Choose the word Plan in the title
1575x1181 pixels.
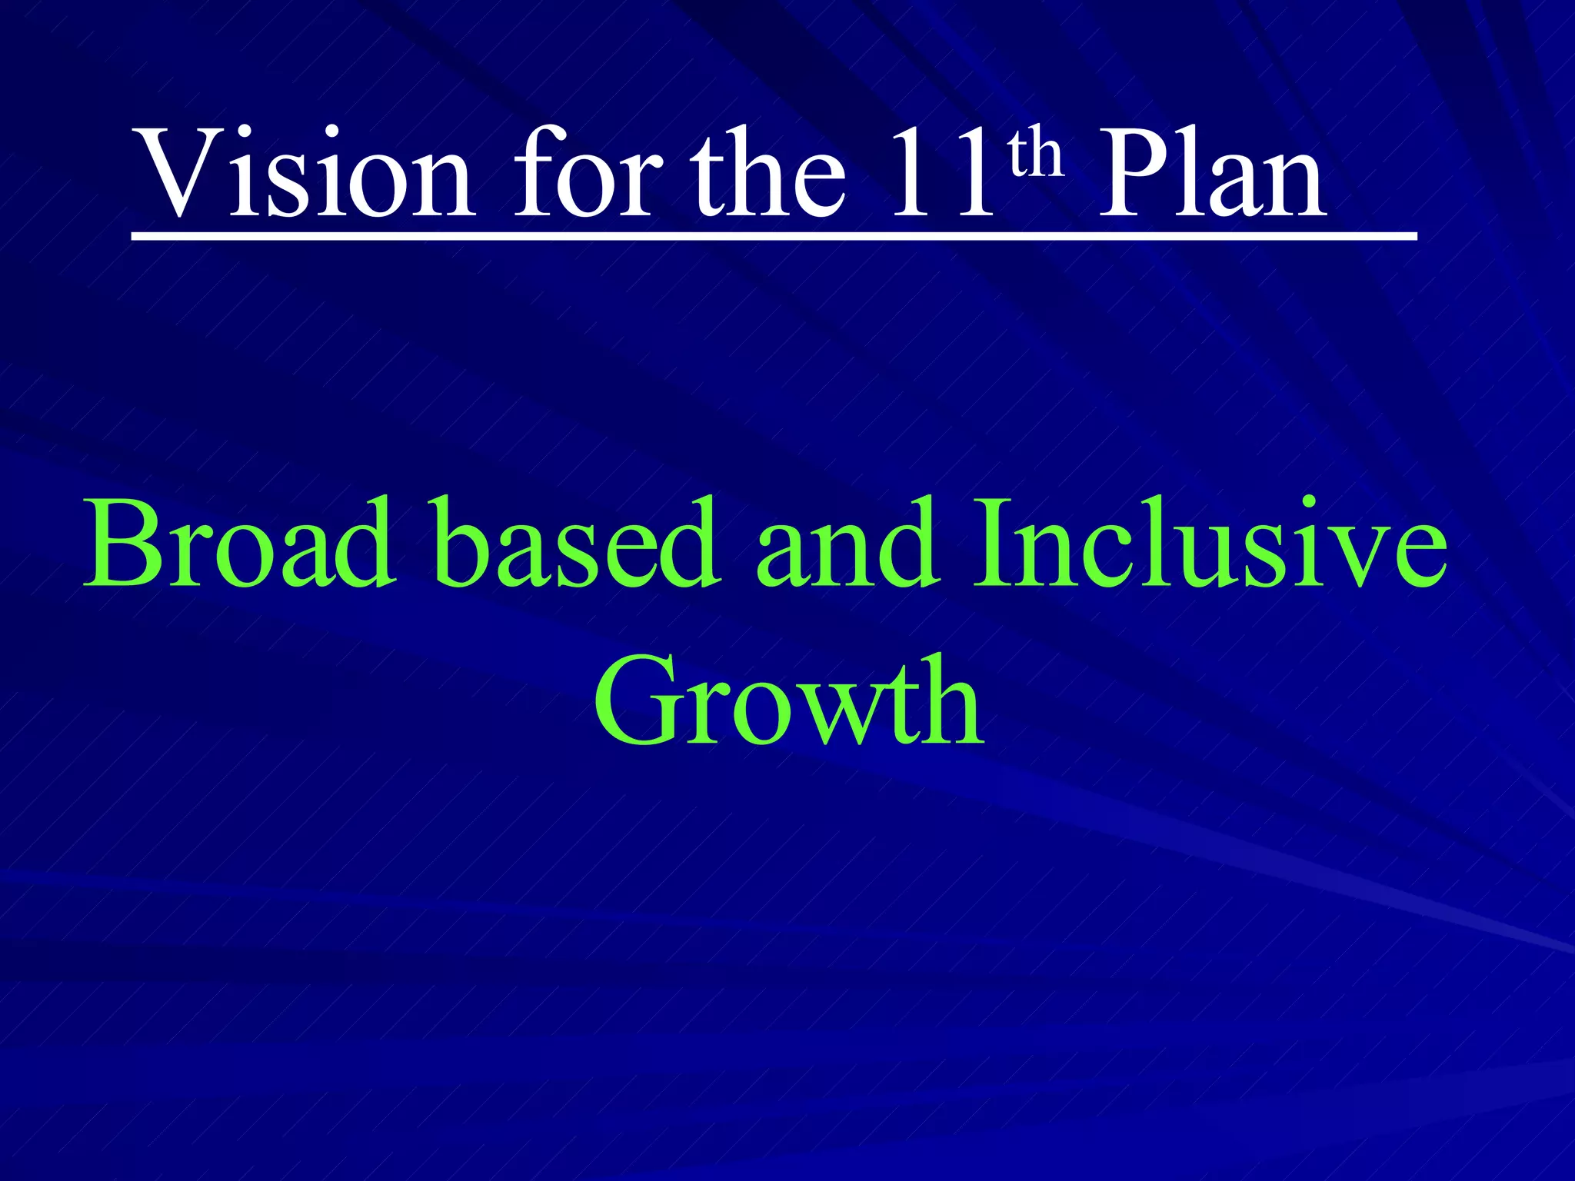1211,173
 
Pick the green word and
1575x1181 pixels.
847,543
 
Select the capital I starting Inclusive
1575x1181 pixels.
993,543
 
